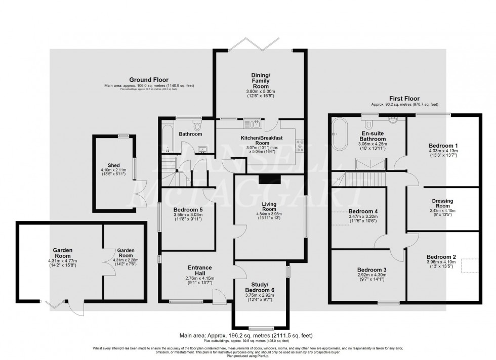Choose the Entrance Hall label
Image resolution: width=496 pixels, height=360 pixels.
tap(198, 271)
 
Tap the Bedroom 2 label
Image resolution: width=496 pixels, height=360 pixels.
tap(441, 256)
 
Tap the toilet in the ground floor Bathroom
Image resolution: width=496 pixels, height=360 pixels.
tap(196, 126)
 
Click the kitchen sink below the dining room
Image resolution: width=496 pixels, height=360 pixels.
tap(252, 124)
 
